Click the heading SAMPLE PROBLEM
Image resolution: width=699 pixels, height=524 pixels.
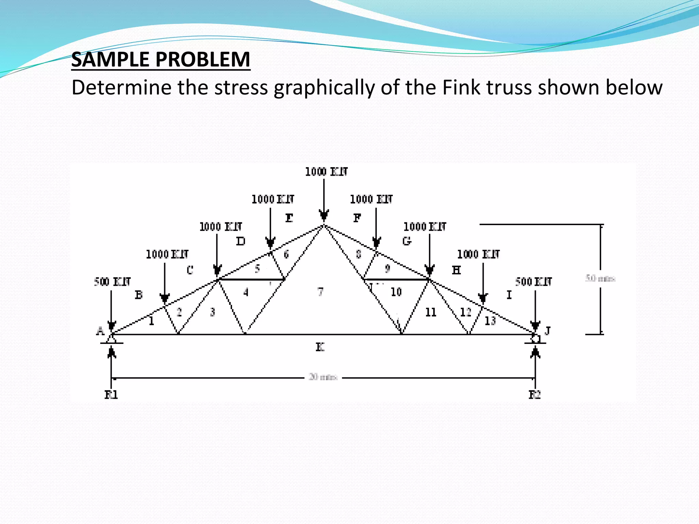(161, 59)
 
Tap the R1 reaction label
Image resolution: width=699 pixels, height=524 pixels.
(111, 395)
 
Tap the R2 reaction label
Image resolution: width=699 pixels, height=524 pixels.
(534, 395)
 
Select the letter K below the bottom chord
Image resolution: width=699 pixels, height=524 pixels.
(320, 347)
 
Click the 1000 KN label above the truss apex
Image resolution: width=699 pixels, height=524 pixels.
(326, 172)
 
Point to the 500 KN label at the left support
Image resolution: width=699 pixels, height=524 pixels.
(112, 282)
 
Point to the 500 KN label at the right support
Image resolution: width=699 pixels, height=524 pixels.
(533, 282)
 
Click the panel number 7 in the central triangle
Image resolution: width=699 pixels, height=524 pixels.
(320, 292)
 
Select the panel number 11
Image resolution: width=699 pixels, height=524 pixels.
(431, 312)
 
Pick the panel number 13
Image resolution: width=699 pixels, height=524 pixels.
(490, 321)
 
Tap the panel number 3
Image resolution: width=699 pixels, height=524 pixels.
(213, 312)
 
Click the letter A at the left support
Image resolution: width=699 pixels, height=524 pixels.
(100, 331)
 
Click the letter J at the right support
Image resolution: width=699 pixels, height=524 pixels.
(548, 331)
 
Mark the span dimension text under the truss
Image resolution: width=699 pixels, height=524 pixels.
(323, 377)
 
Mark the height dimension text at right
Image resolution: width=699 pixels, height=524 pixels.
(600, 278)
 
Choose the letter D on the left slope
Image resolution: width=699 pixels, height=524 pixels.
(241, 242)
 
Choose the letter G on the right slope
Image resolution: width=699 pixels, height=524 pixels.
(406, 241)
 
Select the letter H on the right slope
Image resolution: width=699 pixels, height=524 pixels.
(456, 270)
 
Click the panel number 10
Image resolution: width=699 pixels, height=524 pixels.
(396, 292)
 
